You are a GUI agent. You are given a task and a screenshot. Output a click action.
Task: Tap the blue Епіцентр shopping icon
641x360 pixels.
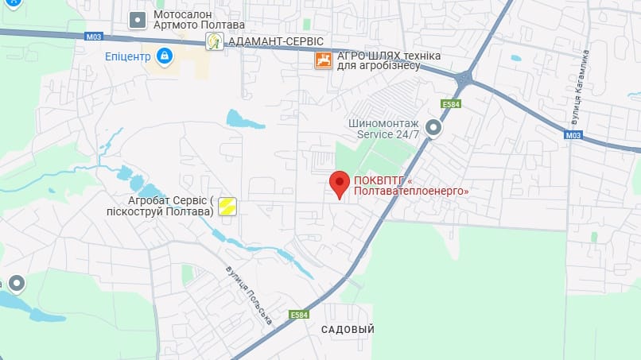pyautogui.click(x=165, y=56)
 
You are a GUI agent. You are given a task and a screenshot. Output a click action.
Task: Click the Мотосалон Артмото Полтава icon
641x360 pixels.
pyautogui.click(x=138, y=19)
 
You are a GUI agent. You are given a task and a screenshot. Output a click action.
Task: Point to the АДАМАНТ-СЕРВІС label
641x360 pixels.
pyautogui.click(x=275, y=41)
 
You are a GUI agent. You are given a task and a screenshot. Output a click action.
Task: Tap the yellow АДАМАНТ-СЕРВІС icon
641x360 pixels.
pyautogui.click(x=213, y=41)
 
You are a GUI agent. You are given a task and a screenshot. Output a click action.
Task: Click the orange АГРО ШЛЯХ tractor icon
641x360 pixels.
pyautogui.click(x=323, y=60)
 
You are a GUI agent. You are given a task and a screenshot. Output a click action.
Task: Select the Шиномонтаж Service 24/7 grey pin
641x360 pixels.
pyautogui.click(x=433, y=127)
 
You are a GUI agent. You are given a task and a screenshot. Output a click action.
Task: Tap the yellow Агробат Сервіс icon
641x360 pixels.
pyautogui.click(x=227, y=206)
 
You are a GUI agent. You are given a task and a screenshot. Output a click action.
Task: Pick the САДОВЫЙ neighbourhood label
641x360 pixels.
pyautogui.click(x=348, y=329)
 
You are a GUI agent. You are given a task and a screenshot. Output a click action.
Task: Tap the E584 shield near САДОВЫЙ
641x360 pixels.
pyautogui.click(x=299, y=315)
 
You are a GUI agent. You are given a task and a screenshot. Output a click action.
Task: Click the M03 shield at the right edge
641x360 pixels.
pyautogui.click(x=573, y=136)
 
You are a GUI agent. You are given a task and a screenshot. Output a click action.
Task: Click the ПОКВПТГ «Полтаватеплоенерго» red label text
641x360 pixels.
pyautogui.click(x=410, y=185)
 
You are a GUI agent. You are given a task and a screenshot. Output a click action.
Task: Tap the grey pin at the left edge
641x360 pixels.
pyautogui.click(x=16, y=284)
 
